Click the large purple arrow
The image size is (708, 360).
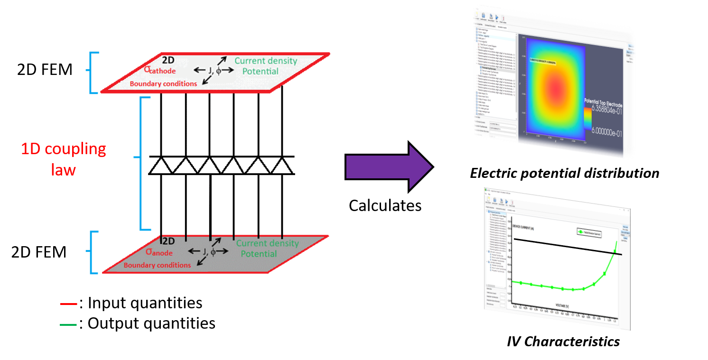tap(387, 167)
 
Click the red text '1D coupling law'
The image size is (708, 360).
tap(64, 158)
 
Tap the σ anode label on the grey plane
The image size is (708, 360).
tap(159, 252)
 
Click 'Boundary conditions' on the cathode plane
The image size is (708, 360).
tap(163, 84)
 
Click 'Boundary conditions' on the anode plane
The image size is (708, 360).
tap(157, 265)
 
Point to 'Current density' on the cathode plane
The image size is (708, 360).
tap(266, 61)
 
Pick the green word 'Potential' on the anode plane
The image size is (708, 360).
tap(259, 254)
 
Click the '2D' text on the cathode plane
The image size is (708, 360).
tap(168, 60)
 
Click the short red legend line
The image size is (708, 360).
tap(68, 304)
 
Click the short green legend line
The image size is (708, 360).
tap(68, 325)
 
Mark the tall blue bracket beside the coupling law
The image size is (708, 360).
tap(142, 163)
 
